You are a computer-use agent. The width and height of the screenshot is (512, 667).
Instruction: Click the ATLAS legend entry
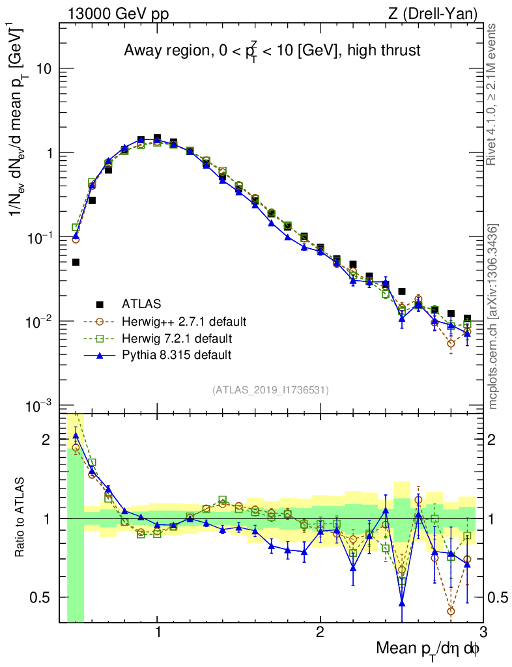141,304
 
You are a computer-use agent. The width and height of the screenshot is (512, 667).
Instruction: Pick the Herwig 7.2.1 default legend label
177,338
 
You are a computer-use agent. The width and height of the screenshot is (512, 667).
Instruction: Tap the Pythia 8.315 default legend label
177,355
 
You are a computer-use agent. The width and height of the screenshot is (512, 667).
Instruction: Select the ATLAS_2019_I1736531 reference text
270,390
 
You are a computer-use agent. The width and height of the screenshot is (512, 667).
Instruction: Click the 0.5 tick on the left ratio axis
45,597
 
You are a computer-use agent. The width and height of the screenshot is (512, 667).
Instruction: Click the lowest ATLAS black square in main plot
76,262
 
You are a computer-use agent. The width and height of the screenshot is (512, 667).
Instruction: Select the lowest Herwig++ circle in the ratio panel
451,611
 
